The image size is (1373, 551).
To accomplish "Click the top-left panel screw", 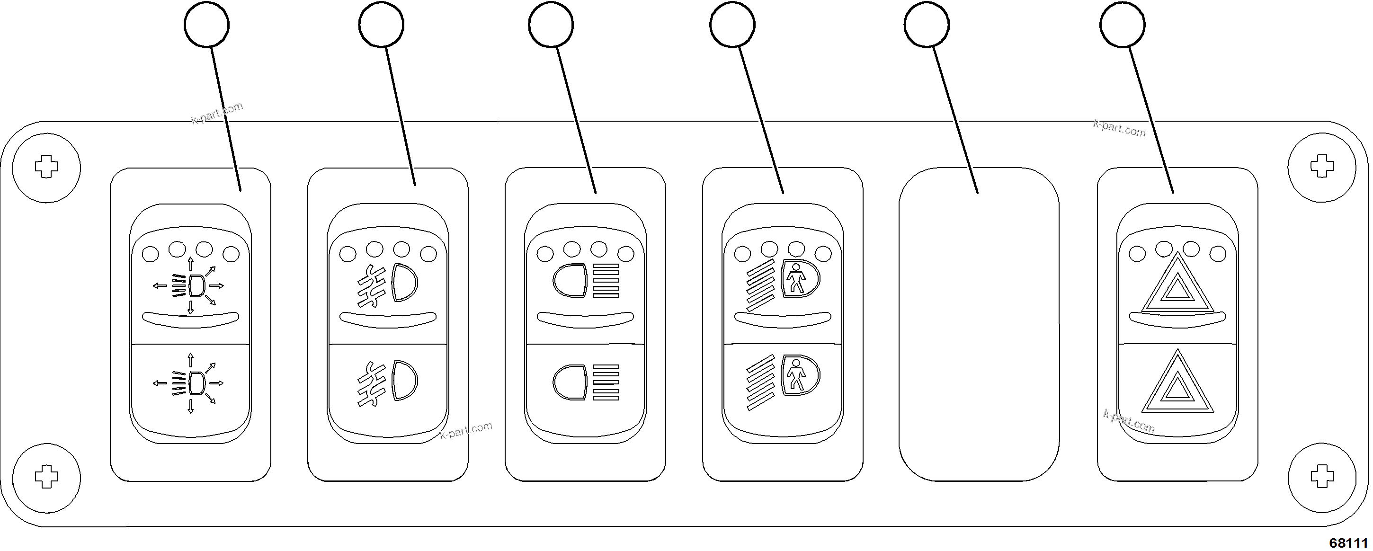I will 46,167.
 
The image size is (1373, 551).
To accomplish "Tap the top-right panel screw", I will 1321,167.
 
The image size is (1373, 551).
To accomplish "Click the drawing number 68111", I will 1348,542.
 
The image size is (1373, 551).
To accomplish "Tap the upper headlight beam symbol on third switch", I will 586,280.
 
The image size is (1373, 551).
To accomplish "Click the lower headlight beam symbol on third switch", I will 586,382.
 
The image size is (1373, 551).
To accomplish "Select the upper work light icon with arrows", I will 190,285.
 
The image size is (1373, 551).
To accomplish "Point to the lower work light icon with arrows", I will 190,382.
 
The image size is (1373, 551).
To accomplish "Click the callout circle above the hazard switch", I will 1122,25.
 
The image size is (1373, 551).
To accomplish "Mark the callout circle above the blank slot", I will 927,25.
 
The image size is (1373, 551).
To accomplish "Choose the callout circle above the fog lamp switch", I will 381,25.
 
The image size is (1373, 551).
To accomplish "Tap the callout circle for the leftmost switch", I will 206,25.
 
